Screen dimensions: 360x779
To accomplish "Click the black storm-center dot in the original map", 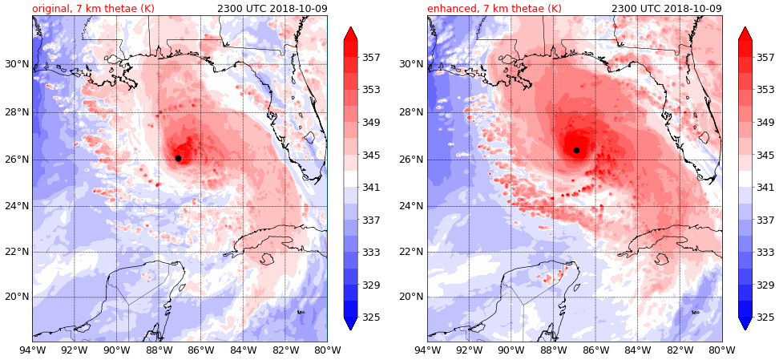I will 178,158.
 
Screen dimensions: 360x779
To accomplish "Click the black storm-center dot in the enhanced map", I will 576,150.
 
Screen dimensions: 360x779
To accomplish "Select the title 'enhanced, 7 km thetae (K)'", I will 494,9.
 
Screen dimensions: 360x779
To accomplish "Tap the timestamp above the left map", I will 272,9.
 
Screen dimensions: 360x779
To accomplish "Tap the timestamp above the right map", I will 666,9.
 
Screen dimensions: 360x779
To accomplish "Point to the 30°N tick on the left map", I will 15,64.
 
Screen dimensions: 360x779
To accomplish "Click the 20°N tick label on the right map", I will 411,297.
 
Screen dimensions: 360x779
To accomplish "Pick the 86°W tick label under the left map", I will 200,350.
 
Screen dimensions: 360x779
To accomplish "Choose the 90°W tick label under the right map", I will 511,350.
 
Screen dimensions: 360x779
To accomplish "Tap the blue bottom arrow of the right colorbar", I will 745,323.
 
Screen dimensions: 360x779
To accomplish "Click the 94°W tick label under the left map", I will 32,350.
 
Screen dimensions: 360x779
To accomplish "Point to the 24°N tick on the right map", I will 411,206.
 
